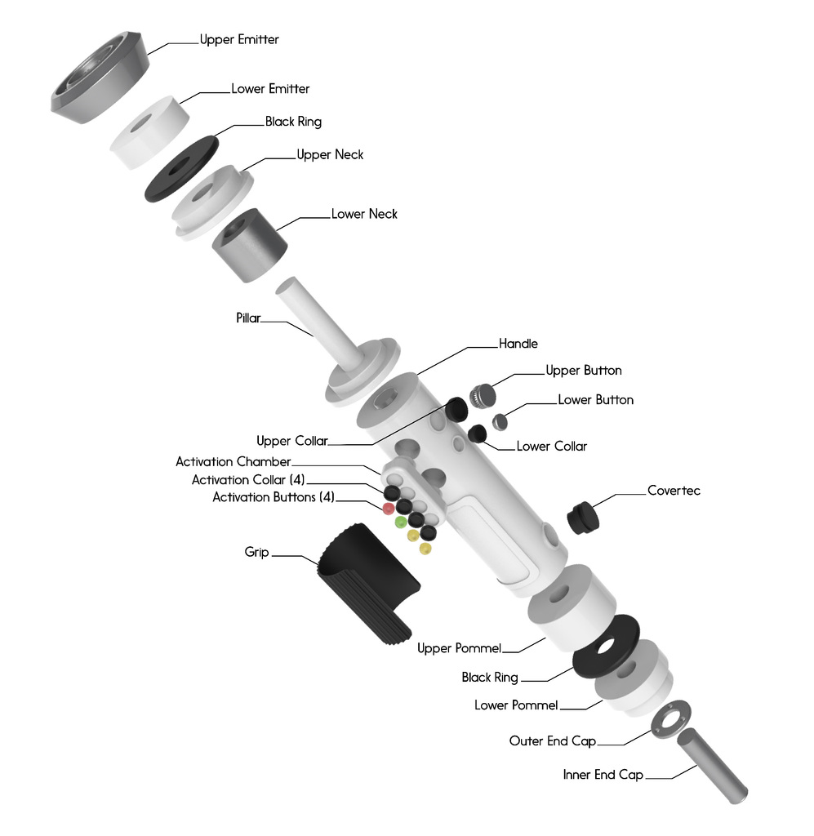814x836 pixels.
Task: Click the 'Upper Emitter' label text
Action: [239, 39]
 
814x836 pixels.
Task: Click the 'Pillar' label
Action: [248, 318]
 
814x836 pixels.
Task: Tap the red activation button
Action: [389, 509]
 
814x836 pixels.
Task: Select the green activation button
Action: [400, 522]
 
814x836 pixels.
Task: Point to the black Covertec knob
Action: [581, 518]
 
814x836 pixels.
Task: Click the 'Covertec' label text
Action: [674, 491]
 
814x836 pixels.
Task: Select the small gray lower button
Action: [500, 421]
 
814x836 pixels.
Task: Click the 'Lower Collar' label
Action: [551, 447]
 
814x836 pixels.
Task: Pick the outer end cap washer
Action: [669, 717]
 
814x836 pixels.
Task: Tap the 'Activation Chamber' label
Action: [233, 462]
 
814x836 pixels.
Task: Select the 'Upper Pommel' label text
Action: [458, 648]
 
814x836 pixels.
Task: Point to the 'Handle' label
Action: [518, 345]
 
